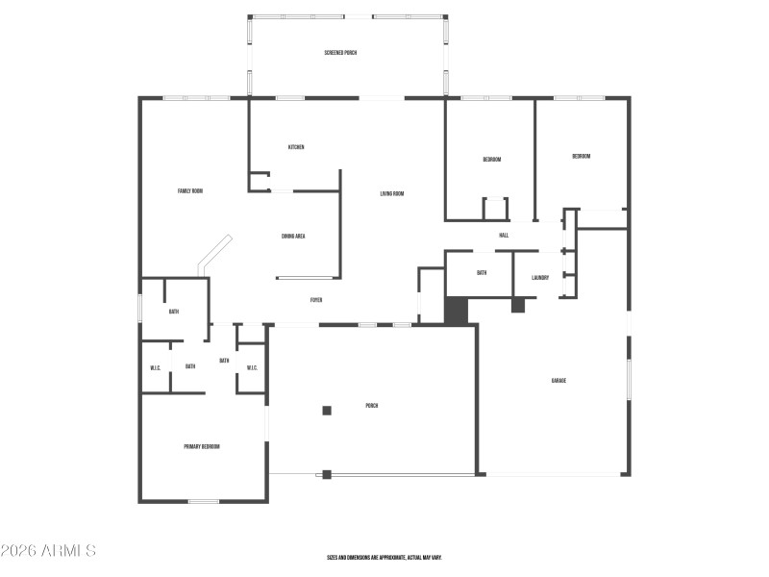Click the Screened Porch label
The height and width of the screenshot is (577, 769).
[x=340, y=53]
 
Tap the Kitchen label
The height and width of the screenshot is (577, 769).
[x=296, y=147]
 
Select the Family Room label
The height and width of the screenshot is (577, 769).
[x=190, y=191]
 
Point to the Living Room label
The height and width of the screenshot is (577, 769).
[x=391, y=194]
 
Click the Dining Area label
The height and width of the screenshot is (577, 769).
[x=293, y=237]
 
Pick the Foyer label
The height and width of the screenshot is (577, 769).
[x=315, y=301]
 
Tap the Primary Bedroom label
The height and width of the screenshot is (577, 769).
[x=202, y=447]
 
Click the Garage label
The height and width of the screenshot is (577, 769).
[x=558, y=382]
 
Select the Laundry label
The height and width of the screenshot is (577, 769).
[x=540, y=279]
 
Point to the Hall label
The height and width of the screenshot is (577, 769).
[x=504, y=236]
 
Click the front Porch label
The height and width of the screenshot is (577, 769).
[x=371, y=406]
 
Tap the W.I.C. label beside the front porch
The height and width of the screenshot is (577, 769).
[x=252, y=368]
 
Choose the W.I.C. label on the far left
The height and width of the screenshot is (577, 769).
[x=155, y=368]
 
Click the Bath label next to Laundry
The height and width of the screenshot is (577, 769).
[x=482, y=273]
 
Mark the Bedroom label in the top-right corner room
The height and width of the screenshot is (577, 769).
[x=581, y=157]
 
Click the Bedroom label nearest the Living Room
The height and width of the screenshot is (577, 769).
[x=491, y=160]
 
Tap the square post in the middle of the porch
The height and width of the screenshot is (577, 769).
[x=327, y=411]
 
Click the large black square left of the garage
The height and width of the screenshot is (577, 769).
[x=456, y=310]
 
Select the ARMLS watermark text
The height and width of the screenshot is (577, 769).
[x=48, y=551]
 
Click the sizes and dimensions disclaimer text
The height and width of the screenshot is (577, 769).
[x=384, y=558]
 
